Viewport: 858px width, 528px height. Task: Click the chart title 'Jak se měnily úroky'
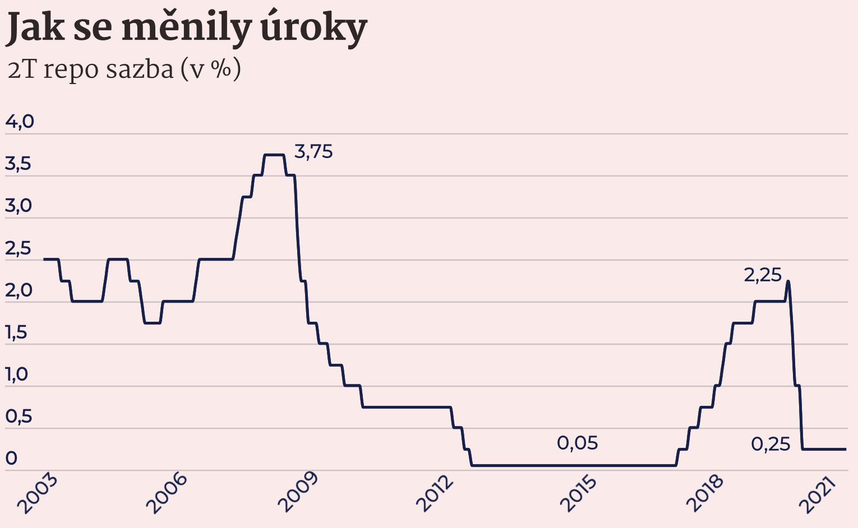[x=186, y=28]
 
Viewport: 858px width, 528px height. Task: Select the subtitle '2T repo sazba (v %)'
[x=124, y=70]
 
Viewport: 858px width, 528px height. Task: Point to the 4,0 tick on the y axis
[x=20, y=122]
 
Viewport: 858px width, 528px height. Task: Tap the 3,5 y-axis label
[x=18, y=164]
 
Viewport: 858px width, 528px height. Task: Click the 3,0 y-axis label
[x=19, y=206]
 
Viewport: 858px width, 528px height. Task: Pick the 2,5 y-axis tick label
[x=18, y=249]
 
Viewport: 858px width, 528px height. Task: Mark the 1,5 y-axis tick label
[x=16, y=333]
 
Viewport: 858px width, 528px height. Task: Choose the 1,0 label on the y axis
[x=17, y=375]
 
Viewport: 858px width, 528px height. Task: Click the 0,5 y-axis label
[x=19, y=417]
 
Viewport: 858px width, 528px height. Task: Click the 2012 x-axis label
[x=435, y=493]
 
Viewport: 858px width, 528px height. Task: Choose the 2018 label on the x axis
[x=705, y=493]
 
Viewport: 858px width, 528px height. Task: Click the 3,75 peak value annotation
[x=313, y=152]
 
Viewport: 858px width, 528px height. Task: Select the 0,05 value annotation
[x=577, y=443]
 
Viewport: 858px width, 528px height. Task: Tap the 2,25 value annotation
[x=762, y=275]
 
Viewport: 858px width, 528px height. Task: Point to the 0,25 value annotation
[x=770, y=444]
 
